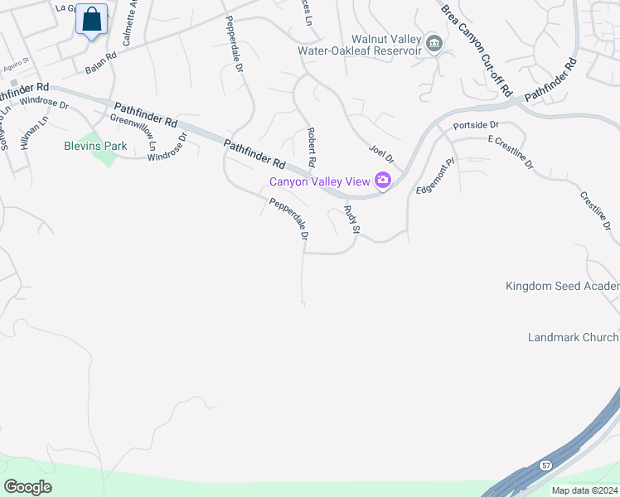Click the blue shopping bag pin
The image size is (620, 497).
[x=92, y=20]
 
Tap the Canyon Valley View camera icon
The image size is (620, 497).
[x=383, y=180]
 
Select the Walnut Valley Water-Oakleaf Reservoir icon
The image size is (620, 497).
[x=434, y=44]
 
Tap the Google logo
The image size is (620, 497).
[x=28, y=486]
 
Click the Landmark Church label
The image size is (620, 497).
[x=573, y=337]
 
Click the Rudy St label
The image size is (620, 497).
[x=351, y=219]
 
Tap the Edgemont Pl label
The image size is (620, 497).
[x=436, y=176]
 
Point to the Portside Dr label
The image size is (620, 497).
[x=475, y=125]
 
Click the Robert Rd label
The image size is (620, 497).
[x=312, y=147]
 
